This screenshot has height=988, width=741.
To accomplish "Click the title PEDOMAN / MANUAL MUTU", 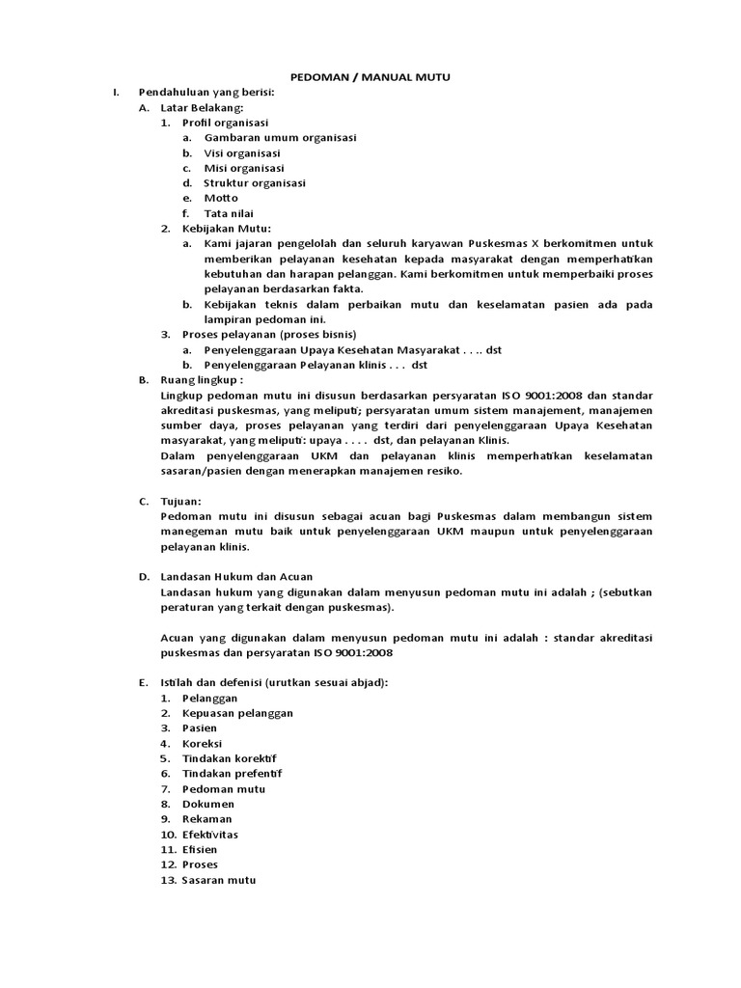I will pos(371,76).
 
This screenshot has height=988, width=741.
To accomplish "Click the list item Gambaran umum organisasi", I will pos(280,137).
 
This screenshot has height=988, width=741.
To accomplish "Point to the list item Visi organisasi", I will pos(242,152).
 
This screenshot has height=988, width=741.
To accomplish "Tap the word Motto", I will pos(221,198).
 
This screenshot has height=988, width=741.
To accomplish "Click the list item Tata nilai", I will pos(230,213).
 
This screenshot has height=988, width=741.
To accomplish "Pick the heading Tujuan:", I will pos(181,502).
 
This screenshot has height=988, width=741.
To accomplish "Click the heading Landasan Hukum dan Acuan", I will pos(236,576).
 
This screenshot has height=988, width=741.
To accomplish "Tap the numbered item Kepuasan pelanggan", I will pos(237,712).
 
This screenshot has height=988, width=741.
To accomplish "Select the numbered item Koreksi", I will pos(203,743).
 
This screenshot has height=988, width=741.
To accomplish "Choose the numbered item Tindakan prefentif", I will pos(233,773).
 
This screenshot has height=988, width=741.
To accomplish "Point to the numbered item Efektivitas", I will pos(210,834).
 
